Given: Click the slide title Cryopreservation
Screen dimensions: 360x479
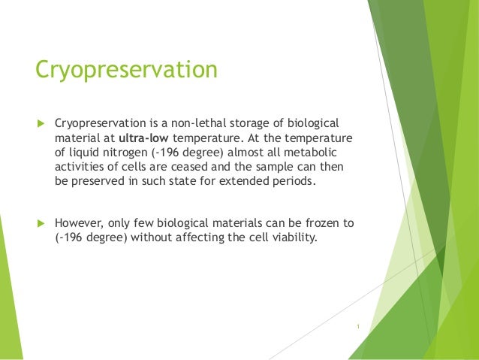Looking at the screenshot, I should point(126,71).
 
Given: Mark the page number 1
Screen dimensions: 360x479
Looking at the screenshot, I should point(359,326).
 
